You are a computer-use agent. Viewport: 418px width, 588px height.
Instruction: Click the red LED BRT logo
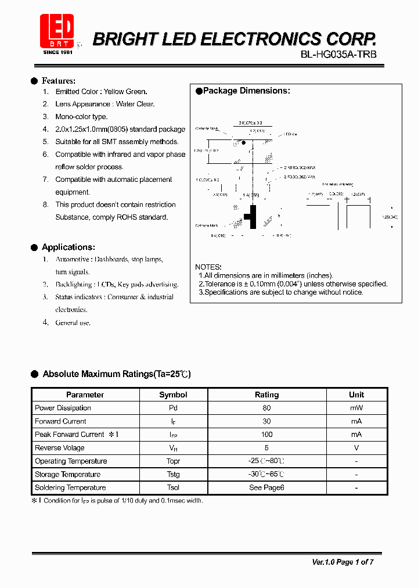tap(56, 33)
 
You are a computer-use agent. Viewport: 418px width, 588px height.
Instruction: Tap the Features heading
tap(58, 81)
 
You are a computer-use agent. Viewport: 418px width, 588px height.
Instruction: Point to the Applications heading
tap(68, 247)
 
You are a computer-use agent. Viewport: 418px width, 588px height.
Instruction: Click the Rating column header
tap(266, 395)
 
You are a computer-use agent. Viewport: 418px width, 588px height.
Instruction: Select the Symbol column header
tap(173, 395)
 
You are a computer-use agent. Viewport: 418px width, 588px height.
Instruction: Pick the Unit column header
tap(356, 395)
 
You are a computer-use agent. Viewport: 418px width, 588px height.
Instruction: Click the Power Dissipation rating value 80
tap(266, 408)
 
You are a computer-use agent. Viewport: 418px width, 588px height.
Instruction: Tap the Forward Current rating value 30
tap(266, 421)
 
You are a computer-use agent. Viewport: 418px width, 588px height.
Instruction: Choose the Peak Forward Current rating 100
tap(266, 435)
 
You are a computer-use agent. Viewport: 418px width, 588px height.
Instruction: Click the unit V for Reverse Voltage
tap(356, 448)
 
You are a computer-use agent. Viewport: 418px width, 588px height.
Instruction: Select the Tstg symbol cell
tap(173, 475)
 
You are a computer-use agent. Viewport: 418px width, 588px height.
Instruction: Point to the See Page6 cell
tap(266, 487)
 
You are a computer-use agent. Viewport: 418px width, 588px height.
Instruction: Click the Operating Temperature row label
tap(71, 461)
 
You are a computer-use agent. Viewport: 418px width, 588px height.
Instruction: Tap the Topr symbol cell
tap(173, 461)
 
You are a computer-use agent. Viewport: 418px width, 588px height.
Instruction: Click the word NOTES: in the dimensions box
tap(208, 267)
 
